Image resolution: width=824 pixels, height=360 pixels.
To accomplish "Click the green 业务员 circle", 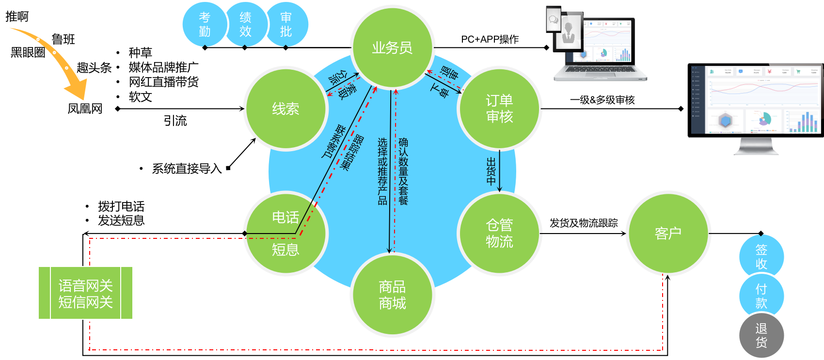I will pyautogui.click(x=392, y=47).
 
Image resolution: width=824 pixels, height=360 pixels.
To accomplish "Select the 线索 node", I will pyautogui.click(x=285, y=109).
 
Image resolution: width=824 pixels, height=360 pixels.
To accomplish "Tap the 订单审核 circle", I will pyautogui.click(x=499, y=109).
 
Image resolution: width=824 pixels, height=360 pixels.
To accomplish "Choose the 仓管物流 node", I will pyautogui.click(x=499, y=233).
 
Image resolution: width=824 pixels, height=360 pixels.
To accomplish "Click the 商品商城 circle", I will pyautogui.click(x=392, y=295).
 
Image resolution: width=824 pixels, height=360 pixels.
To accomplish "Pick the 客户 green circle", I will pyautogui.click(x=668, y=233).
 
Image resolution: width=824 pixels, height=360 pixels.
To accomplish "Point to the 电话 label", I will pyautogui.click(x=285, y=217).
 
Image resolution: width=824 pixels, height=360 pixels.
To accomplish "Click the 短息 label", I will pyautogui.click(x=285, y=250).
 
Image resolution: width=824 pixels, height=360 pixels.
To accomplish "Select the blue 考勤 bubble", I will pyautogui.click(x=205, y=24).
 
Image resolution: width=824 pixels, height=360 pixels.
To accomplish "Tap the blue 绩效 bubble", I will pyautogui.click(x=245, y=24).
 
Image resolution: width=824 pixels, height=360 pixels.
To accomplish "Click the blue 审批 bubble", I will pyautogui.click(x=286, y=24).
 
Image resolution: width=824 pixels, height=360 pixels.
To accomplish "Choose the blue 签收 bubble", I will pyautogui.click(x=761, y=256).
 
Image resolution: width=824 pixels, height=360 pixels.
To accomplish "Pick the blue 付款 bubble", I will pyautogui.click(x=761, y=296).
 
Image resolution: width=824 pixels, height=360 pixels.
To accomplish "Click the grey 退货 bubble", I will pyautogui.click(x=761, y=335).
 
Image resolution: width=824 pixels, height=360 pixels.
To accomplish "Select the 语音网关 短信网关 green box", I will pyautogui.click(x=85, y=293).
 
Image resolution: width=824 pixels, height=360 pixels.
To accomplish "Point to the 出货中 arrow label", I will pyautogui.click(x=491, y=171).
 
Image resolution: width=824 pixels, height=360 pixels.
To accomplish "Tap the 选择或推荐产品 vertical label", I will pyautogui.click(x=383, y=171).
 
